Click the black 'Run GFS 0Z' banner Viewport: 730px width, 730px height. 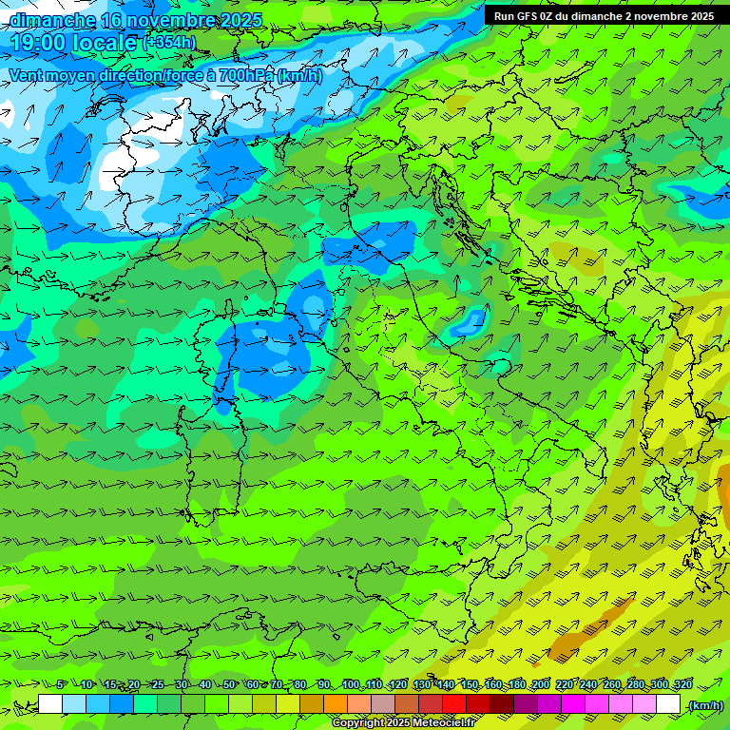[605, 15]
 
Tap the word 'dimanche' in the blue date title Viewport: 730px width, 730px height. [53, 20]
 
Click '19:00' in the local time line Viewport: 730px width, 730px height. [42, 43]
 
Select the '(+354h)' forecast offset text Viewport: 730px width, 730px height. [170, 43]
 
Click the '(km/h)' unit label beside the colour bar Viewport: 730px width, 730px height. [704, 705]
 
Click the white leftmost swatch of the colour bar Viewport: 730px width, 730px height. [50, 704]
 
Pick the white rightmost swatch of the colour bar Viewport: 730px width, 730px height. [668, 704]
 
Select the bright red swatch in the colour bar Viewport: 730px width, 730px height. [454, 704]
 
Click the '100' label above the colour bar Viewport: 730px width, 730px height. [352, 684]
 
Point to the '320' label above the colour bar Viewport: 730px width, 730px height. [682, 684]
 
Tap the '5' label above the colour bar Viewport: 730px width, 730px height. [61, 684]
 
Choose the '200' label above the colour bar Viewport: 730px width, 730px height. [541, 684]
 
